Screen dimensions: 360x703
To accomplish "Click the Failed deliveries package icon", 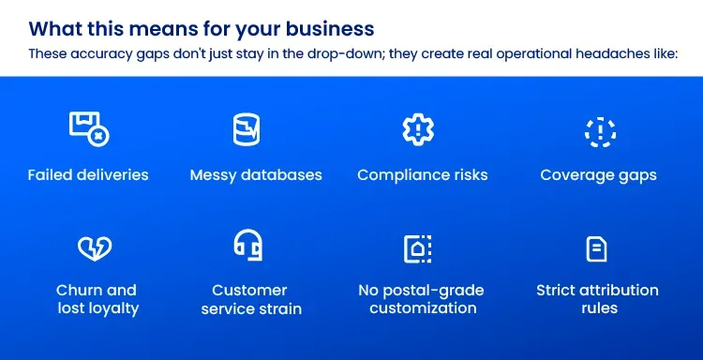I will coord(89,129).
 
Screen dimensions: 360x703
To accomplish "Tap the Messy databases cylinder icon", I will coord(246,129).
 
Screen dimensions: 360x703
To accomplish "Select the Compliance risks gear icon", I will coord(417,129).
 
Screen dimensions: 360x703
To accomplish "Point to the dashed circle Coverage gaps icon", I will coord(599,131).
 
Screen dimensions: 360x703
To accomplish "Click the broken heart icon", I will coord(95,248).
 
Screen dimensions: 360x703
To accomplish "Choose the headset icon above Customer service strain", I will coord(248,247).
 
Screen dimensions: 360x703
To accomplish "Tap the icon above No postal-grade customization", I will coord(417,248).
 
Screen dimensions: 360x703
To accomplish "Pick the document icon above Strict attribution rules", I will coord(596,248).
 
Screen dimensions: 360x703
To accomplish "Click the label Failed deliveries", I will coord(88,175).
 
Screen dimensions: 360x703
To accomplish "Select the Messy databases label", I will coord(256,175).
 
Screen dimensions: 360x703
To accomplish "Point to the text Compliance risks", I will coord(423,175).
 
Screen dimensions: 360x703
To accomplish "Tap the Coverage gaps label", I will coord(598,175).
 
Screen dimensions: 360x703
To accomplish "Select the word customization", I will coord(423,308).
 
